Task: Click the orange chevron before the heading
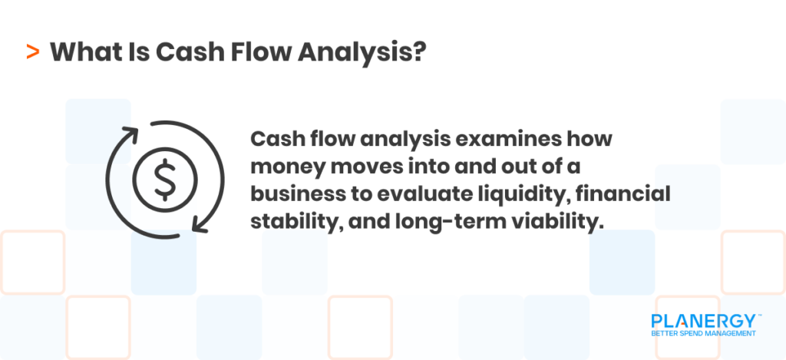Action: pos(33,52)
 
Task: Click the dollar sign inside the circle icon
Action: pos(163,178)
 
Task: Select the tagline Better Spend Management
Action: pos(702,334)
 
